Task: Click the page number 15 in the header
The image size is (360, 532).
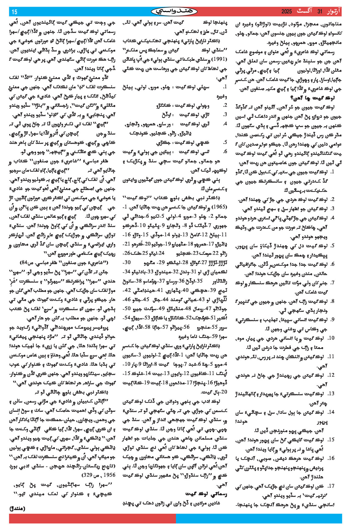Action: coord(15,12)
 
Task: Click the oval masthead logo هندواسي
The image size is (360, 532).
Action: coord(174,12)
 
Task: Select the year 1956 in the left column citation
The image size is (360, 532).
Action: coord(110,475)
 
